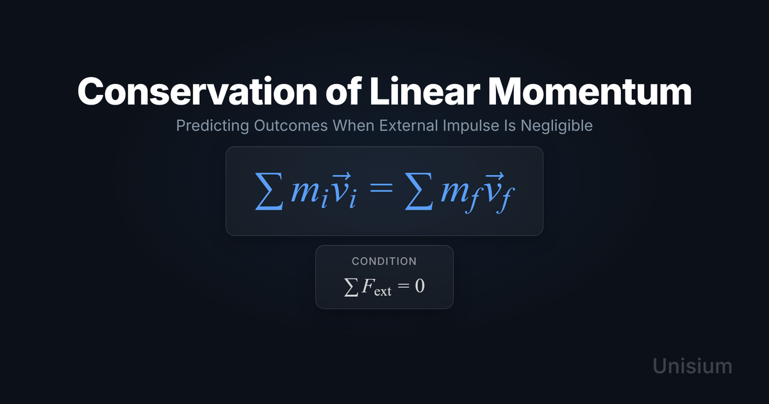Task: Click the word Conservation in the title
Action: point(197,91)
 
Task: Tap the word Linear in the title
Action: point(424,91)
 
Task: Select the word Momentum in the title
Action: point(590,91)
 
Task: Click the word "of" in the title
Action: point(343,91)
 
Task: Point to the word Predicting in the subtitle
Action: point(213,126)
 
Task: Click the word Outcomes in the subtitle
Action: point(291,126)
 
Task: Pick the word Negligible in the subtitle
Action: point(556,126)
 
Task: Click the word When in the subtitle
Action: point(354,126)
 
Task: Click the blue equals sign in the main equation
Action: point(381,187)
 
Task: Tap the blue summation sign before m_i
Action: point(269,191)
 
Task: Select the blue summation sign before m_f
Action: point(419,191)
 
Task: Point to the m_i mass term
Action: point(310,194)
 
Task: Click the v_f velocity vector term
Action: point(500,193)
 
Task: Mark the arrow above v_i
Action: point(342,176)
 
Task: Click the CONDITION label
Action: point(384,262)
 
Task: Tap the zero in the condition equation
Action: point(420,286)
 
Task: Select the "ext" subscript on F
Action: point(383,292)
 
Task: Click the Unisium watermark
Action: point(693,366)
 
